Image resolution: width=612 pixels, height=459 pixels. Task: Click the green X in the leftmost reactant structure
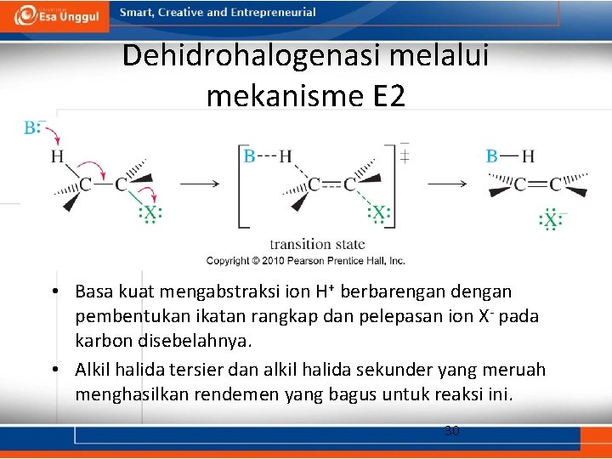(150, 212)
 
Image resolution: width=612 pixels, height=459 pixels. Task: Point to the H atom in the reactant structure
(57, 156)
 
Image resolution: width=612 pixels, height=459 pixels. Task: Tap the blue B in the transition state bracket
(249, 156)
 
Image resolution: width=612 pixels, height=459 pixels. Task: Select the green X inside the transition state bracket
(379, 212)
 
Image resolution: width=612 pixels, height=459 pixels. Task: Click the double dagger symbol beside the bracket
(405, 156)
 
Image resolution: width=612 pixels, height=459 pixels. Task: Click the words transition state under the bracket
(317, 244)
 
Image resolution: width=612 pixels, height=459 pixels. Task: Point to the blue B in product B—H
(491, 156)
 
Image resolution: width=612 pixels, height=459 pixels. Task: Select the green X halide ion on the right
(551, 221)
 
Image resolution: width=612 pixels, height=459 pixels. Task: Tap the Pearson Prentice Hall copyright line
(306, 260)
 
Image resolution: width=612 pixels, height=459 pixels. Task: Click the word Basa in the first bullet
(93, 292)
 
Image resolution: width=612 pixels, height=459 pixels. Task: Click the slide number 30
(452, 431)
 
